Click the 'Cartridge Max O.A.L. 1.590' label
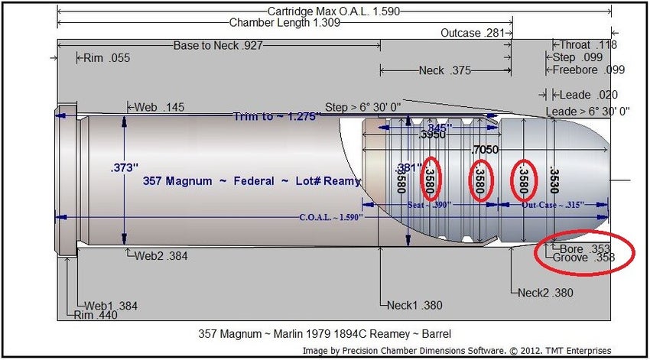pyautogui.click(x=333, y=12)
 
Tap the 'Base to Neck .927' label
pyautogui.click(x=218, y=45)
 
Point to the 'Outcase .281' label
pyautogui.click(x=472, y=34)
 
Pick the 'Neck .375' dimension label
pyautogui.click(x=445, y=70)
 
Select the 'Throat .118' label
pyautogui.click(x=588, y=45)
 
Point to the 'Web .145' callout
pyautogui.click(x=159, y=108)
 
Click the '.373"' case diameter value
pyautogui.click(x=123, y=166)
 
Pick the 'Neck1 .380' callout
pyautogui.click(x=414, y=305)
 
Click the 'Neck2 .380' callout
pyautogui.click(x=544, y=292)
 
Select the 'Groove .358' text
pyautogui.click(x=587, y=258)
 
